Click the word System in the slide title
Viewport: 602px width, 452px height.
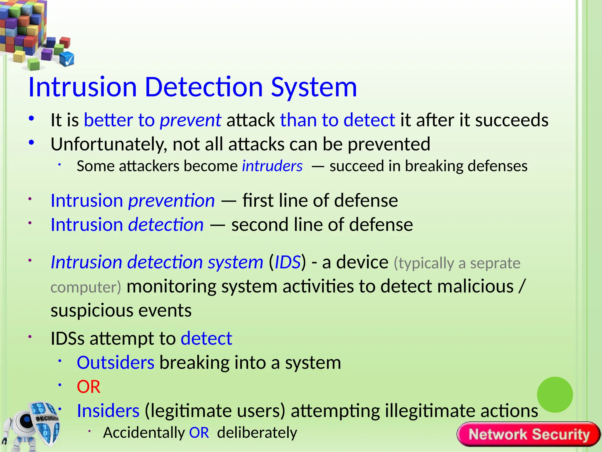(x=314, y=87)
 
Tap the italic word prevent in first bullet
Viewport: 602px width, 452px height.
(x=190, y=120)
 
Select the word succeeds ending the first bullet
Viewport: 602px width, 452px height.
(x=511, y=120)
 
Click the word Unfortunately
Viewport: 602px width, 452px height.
(x=109, y=144)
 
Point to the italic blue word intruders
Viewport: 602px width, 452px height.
(x=272, y=166)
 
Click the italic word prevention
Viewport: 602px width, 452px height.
(x=171, y=201)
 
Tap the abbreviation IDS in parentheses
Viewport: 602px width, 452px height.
(x=287, y=262)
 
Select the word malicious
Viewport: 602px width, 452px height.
(x=475, y=286)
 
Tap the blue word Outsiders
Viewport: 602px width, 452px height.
(x=115, y=363)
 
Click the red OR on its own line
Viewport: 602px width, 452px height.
(x=88, y=387)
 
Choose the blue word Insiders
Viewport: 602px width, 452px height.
(x=108, y=411)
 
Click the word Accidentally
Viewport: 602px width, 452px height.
(x=144, y=433)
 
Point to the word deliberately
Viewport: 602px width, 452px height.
(x=257, y=433)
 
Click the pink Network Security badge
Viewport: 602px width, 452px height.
(x=529, y=434)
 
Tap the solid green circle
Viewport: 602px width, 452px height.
(x=555, y=395)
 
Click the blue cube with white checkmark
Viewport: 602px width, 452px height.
(x=67, y=59)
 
